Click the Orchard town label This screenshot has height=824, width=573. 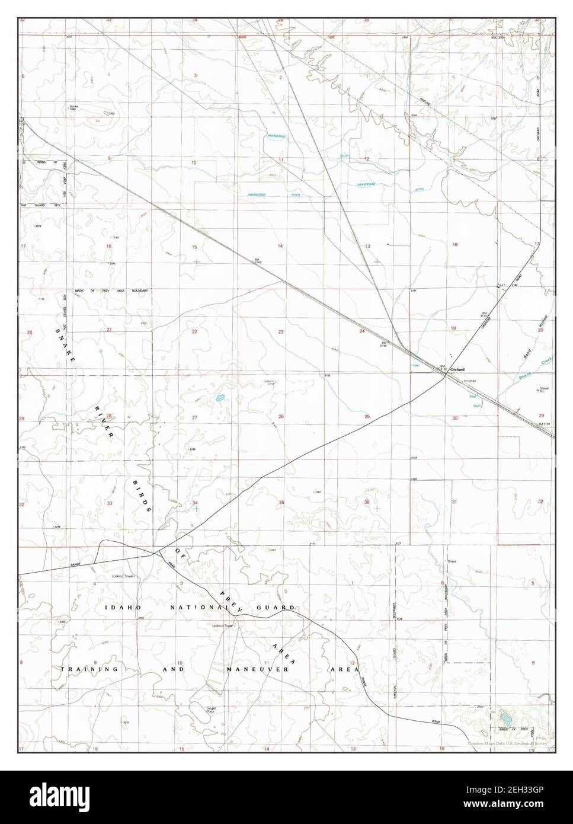(x=457, y=369)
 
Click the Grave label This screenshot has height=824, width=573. (x=452, y=560)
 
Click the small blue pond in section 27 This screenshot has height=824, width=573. (x=220, y=397)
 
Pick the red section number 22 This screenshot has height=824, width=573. (x=194, y=332)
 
